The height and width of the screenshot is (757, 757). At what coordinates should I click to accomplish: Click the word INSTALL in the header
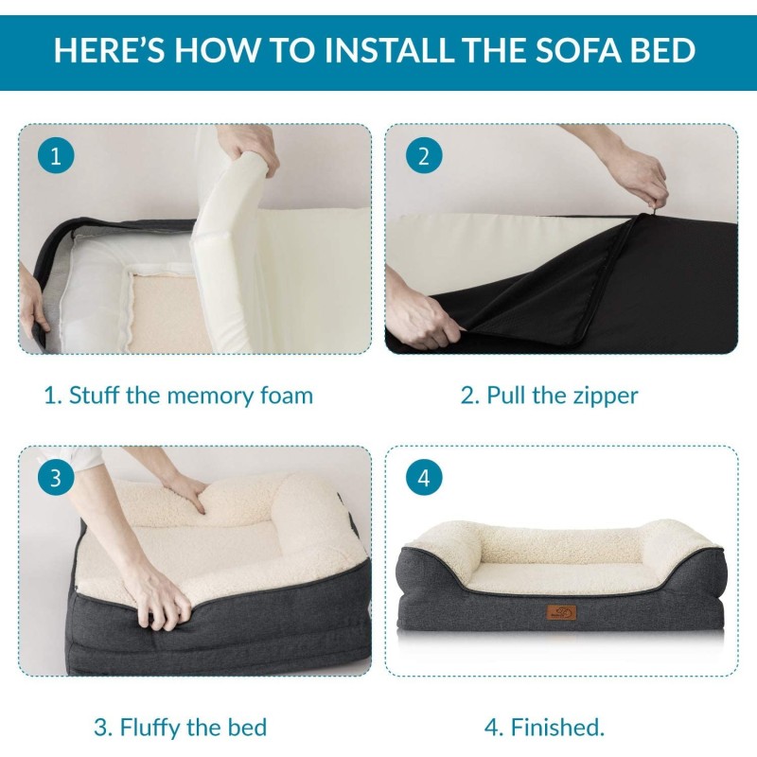[389, 50]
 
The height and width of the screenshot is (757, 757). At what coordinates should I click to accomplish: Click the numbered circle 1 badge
[56, 156]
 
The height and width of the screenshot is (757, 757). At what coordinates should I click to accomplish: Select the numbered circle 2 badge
[424, 156]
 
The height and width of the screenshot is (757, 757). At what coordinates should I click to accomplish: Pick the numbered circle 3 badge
[56, 478]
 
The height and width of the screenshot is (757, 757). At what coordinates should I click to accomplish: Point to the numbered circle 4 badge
[424, 478]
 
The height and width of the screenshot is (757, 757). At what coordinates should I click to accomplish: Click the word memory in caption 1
[210, 396]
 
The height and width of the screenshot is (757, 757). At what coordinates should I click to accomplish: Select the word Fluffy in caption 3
[150, 728]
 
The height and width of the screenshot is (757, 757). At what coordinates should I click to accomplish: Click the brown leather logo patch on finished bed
[561, 611]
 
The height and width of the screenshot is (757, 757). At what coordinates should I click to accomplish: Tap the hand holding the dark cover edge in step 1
[35, 303]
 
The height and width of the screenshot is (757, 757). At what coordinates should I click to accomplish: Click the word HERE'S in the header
[109, 50]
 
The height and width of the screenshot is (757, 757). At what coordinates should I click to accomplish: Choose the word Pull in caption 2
[507, 395]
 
